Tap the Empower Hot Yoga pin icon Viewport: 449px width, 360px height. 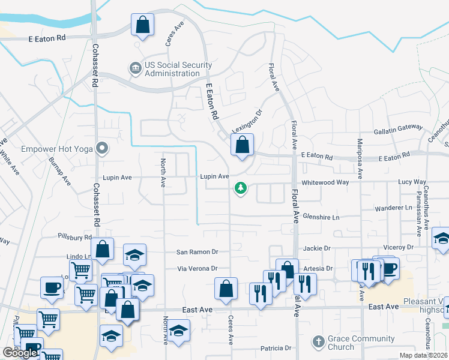pyautogui.click(x=103, y=147)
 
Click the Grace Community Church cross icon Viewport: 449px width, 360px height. pyautogui.click(x=318, y=342)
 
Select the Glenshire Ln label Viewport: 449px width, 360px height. pyautogui.click(x=321, y=216)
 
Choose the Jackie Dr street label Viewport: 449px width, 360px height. pyautogui.click(x=318, y=248)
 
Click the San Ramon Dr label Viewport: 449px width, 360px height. pyautogui.click(x=197, y=253)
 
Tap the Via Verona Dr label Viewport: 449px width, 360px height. pyautogui.click(x=196, y=269)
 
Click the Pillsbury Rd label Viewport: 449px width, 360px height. pyautogui.click(x=74, y=237)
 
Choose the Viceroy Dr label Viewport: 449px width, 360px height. pyautogui.click(x=398, y=247)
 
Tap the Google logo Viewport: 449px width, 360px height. pyautogui.click(x=19, y=353)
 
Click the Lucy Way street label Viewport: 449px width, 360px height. pyautogui.click(x=412, y=182)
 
